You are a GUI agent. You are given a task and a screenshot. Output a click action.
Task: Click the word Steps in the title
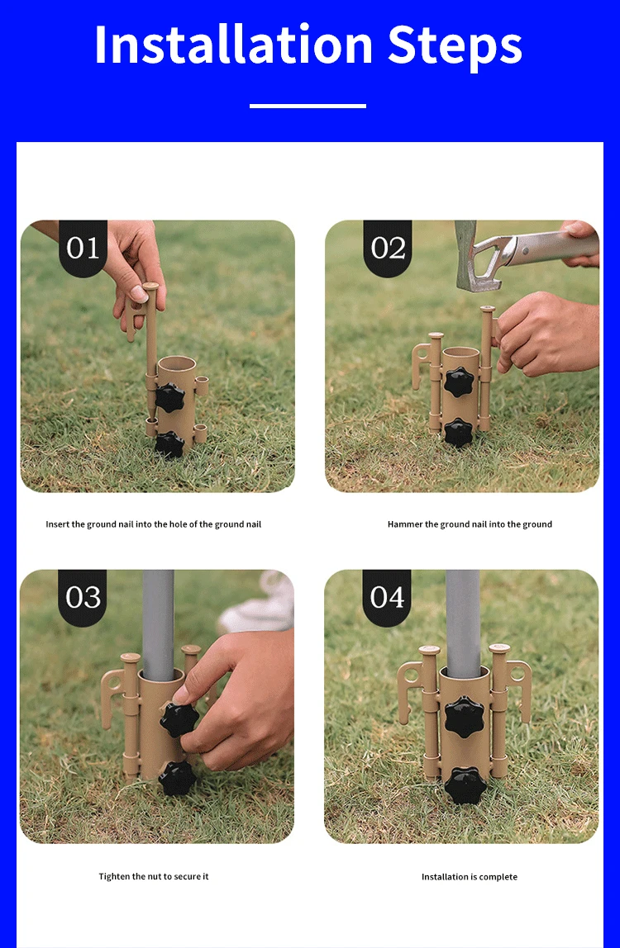[x=455, y=46]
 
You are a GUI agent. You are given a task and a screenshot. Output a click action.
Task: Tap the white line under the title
[x=308, y=106]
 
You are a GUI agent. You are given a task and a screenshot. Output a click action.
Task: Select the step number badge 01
[x=83, y=248]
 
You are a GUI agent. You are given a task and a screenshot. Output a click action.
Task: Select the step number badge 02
[x=388, y=248]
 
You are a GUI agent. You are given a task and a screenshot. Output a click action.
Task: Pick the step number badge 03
[x=83, y=597]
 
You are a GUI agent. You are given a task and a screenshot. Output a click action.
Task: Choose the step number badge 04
[x=387, y=597]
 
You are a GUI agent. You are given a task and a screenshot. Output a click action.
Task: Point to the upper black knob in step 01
[x=169, y=397]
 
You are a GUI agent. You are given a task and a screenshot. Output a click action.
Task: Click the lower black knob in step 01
[x=169, y=445]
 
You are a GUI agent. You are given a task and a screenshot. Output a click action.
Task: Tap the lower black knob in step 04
[x=465, y=785]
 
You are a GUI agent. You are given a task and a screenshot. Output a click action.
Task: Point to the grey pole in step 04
[x=463, y=623]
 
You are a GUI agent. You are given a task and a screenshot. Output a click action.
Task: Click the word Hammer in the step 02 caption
[x=404, y=524]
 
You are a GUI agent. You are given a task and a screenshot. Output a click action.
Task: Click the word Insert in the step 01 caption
[x=58, y=524]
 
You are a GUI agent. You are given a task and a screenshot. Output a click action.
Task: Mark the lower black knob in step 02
[x=458, y=433]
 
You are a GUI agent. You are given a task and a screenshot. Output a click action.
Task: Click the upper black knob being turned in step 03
[x=179, y=719]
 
